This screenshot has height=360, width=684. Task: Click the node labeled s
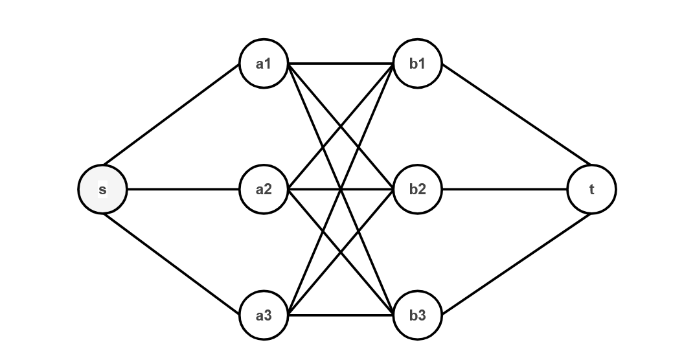pos(102,190)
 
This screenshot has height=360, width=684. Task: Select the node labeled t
pos(591,190)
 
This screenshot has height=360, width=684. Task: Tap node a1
pos(264,63)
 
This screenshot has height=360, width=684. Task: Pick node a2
pos(264,190)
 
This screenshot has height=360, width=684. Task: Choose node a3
pos(264,316)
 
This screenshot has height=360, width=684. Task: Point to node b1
pos(418,63)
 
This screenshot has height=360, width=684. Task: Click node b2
pos(418,190)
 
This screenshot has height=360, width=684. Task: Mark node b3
pos(418,316)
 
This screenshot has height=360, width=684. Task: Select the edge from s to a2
pos(183,190)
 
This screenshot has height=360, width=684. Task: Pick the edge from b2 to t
pos(505,190)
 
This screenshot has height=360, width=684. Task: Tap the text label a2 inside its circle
pos(264,190)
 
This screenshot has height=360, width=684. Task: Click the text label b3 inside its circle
pos(418,316)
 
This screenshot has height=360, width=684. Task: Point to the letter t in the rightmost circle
pos(591,190)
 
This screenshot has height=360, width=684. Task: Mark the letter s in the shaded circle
pos(102,190)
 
